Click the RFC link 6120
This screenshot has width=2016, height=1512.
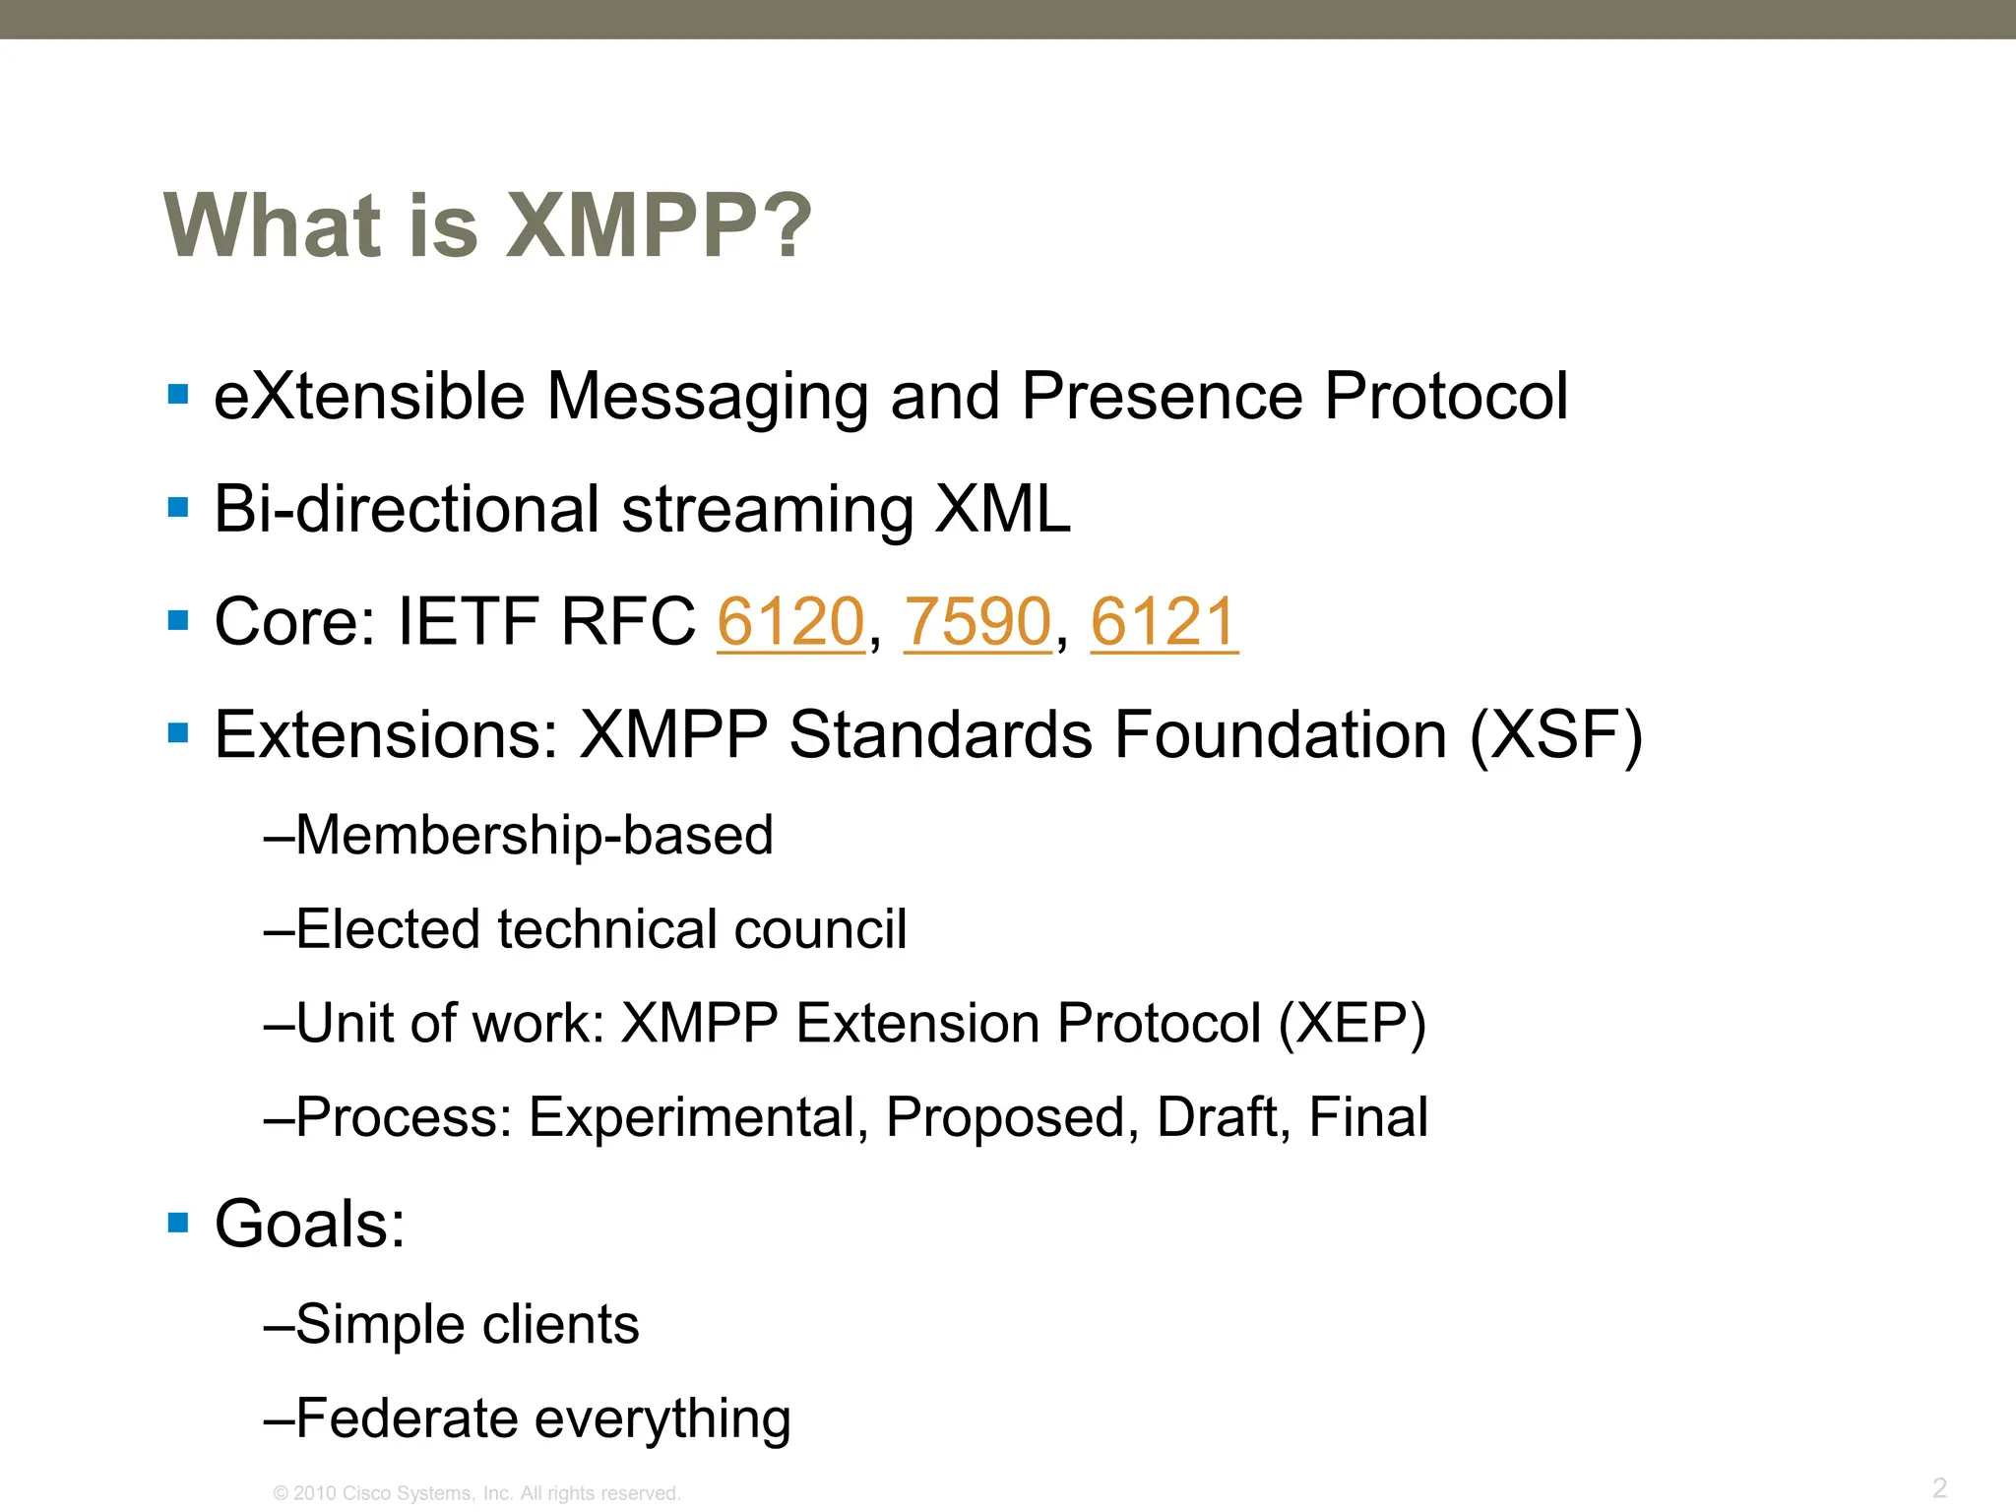click(x=790, y=622)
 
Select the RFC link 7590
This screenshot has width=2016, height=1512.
click(x=977, y=622)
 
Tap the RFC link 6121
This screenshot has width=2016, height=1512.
click(x=1164, y=622)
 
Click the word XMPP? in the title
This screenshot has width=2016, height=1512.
click(x=659, y=226)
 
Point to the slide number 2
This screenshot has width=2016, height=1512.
click(x=1939, y=1486)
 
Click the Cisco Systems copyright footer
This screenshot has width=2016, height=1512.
click(x=476, y=1493)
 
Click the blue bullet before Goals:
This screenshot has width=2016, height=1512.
click(x=178, y=1224)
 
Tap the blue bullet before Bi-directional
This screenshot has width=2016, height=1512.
click(x=178, y=509)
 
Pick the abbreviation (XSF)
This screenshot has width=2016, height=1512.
click(x=1555, y=735)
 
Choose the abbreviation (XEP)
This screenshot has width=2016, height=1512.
click(x=1352, y=1023)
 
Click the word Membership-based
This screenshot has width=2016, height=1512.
click(x=535, y=835)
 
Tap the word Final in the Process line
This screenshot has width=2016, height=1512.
click(x=1367, y=1117)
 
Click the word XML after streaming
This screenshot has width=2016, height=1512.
click(x=1002, y=509)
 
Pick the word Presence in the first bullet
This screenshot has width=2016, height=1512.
click(x=1163, y=396)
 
